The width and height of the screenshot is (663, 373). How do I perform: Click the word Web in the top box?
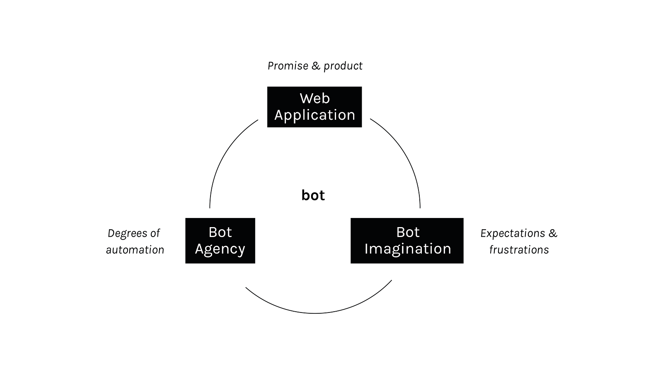pyautogui.click(x=315, y=99)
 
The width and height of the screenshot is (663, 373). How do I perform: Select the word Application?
pyautogui.click(x=315, y=115)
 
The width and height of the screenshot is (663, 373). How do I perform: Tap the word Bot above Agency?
pyautogui.click(x=220, y=233)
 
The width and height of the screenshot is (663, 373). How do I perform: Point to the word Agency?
pyautogui.click(x=220, y=249)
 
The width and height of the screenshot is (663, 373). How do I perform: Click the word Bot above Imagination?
pyautogui.click(x=408, y=233)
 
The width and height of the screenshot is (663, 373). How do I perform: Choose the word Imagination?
pyautogui.click(x=408, y=249)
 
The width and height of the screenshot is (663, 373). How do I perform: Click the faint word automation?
pyautogui.click(x=135, y=250)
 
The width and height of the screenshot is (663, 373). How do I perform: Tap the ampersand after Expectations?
pyautogui.click(x=552, y=233)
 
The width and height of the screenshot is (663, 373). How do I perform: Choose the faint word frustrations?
pyautogui.click(x=519, y=250)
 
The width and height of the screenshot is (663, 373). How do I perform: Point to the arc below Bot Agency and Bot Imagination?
pyautogui.click(x=315, y=313)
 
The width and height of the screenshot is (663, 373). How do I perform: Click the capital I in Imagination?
pyautogui.click(x=366, y=249)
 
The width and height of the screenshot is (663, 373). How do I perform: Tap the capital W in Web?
pyautogui.click(x=305, y=99)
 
